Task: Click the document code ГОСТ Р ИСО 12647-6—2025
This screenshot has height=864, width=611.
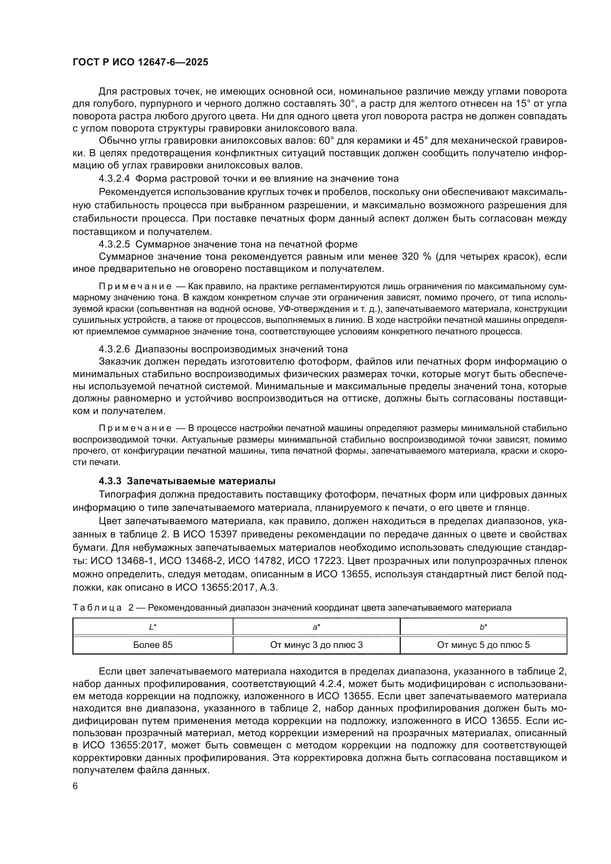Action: tap(140, 62)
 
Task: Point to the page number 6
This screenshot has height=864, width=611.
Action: tap(75, 786)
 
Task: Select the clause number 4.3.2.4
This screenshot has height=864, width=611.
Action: tap(115, 178)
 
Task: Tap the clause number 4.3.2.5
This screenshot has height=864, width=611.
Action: tap(115, 244)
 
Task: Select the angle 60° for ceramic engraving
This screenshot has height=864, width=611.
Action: tap(327, 141)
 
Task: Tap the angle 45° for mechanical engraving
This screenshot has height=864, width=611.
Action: tap(421, 141)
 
